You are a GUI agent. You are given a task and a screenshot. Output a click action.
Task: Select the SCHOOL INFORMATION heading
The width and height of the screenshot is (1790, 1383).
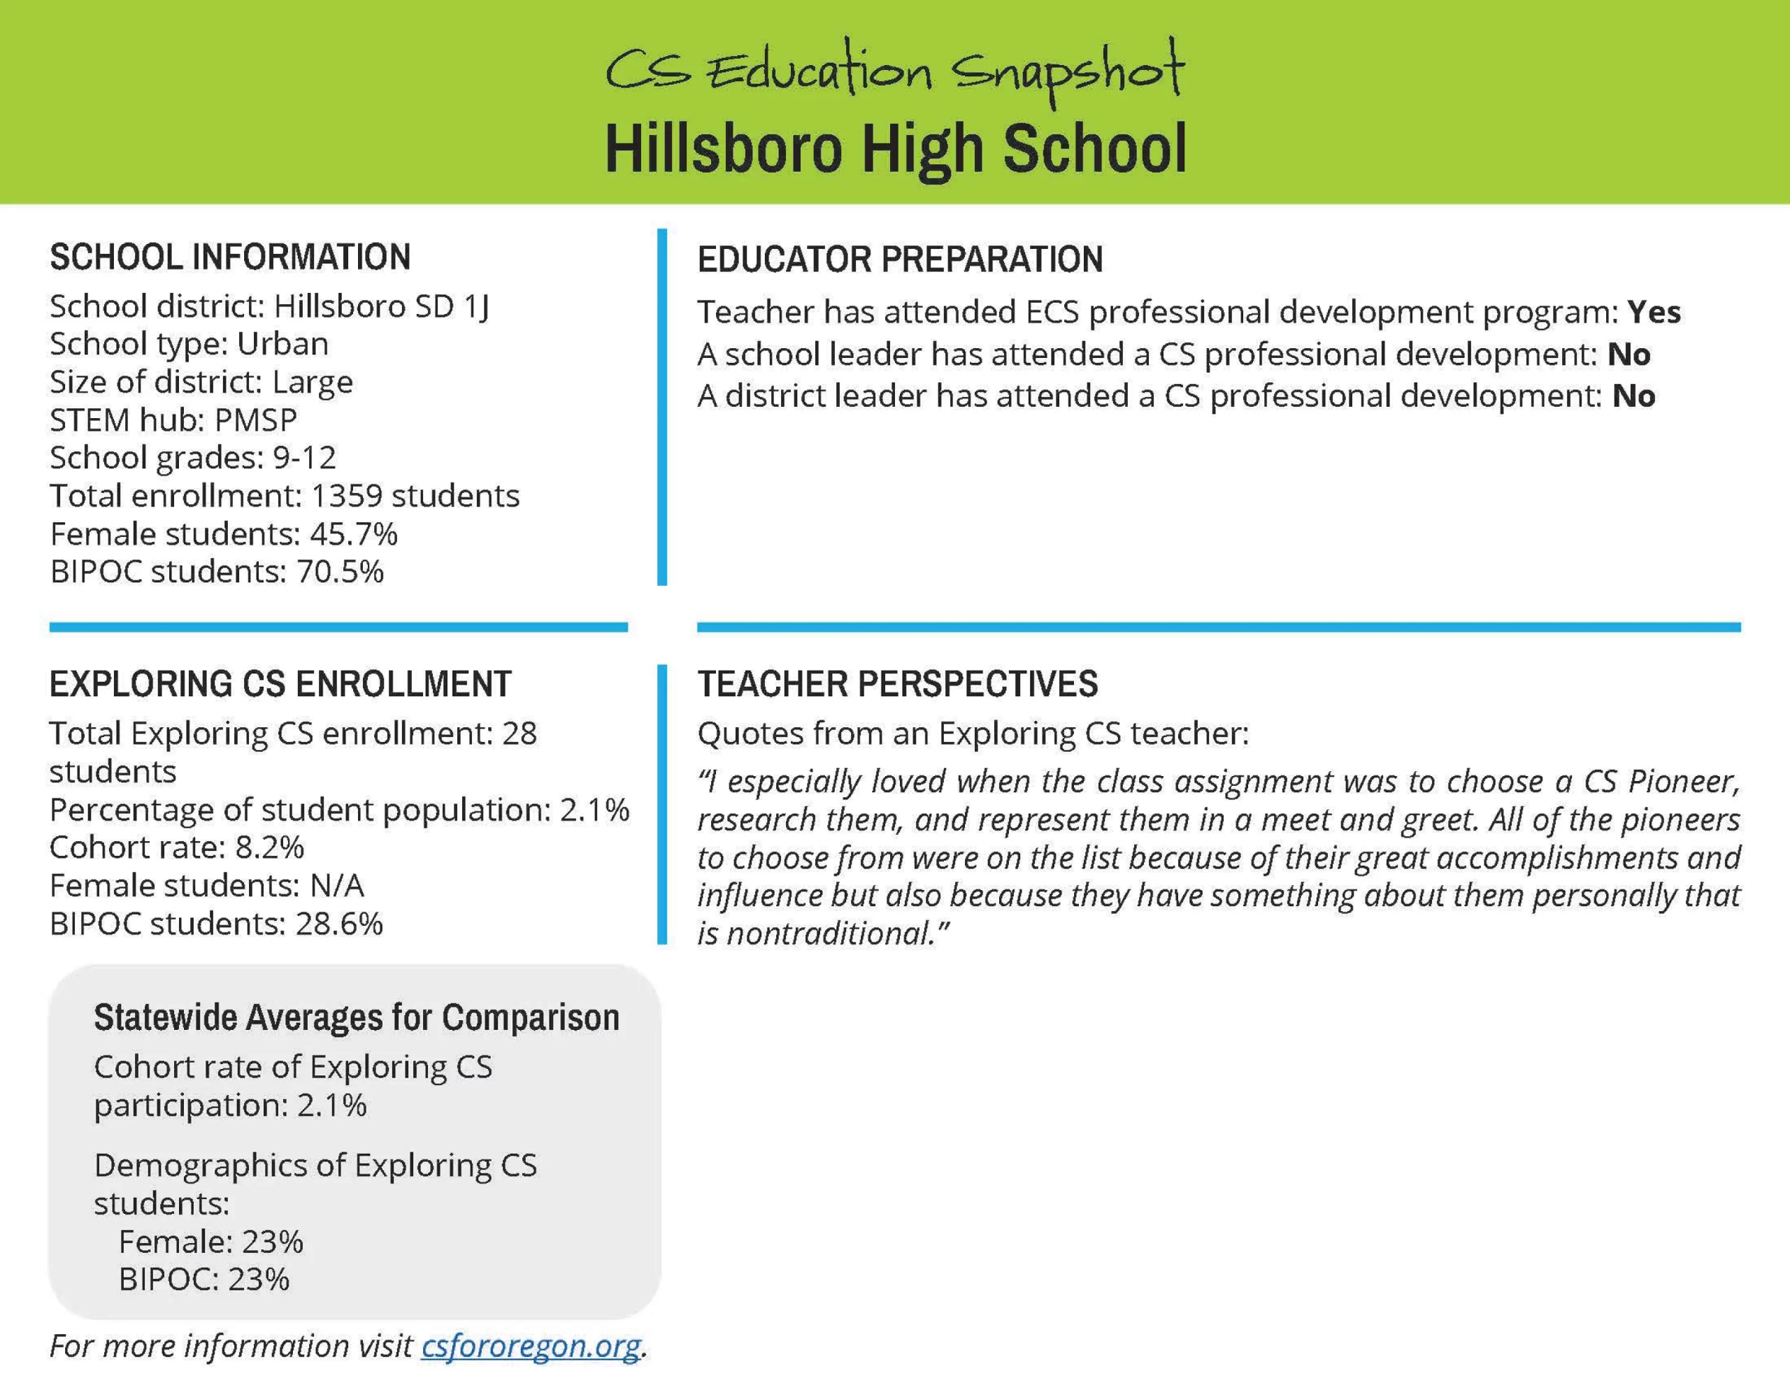[230, 257]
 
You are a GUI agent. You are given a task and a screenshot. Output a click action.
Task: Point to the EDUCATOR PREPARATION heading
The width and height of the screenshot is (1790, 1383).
[900, 260]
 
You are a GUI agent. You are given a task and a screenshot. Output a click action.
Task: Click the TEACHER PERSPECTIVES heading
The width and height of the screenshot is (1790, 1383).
[898, 684]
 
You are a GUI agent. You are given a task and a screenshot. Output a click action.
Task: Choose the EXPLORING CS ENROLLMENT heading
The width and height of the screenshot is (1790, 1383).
[280, 684]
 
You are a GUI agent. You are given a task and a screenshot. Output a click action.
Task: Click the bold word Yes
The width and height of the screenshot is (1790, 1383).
[1654, 313]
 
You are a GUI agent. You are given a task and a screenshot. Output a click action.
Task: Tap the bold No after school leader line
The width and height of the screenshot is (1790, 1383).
[1628, 354]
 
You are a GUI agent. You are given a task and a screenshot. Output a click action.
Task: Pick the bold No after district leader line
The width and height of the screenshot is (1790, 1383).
[1633, 396]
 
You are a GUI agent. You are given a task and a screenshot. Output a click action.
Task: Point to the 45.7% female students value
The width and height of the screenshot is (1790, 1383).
[353, 533]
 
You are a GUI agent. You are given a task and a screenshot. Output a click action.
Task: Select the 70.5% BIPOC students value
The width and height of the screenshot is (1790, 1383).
[339, 571]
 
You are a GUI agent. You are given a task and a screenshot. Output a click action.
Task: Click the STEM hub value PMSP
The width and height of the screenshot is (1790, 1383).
[255, 420]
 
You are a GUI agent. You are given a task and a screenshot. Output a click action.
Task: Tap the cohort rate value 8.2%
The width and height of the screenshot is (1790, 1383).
[270, 847]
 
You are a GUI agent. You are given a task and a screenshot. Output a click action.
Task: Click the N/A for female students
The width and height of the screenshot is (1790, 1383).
[337, 885]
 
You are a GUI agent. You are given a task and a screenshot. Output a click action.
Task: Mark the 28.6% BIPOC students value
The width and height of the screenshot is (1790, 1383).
[338, 924]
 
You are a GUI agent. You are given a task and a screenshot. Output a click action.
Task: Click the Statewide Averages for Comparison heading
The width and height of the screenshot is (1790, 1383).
[357, 1017]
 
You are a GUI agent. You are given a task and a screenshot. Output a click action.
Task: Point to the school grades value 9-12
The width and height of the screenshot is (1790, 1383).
[304, 457]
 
